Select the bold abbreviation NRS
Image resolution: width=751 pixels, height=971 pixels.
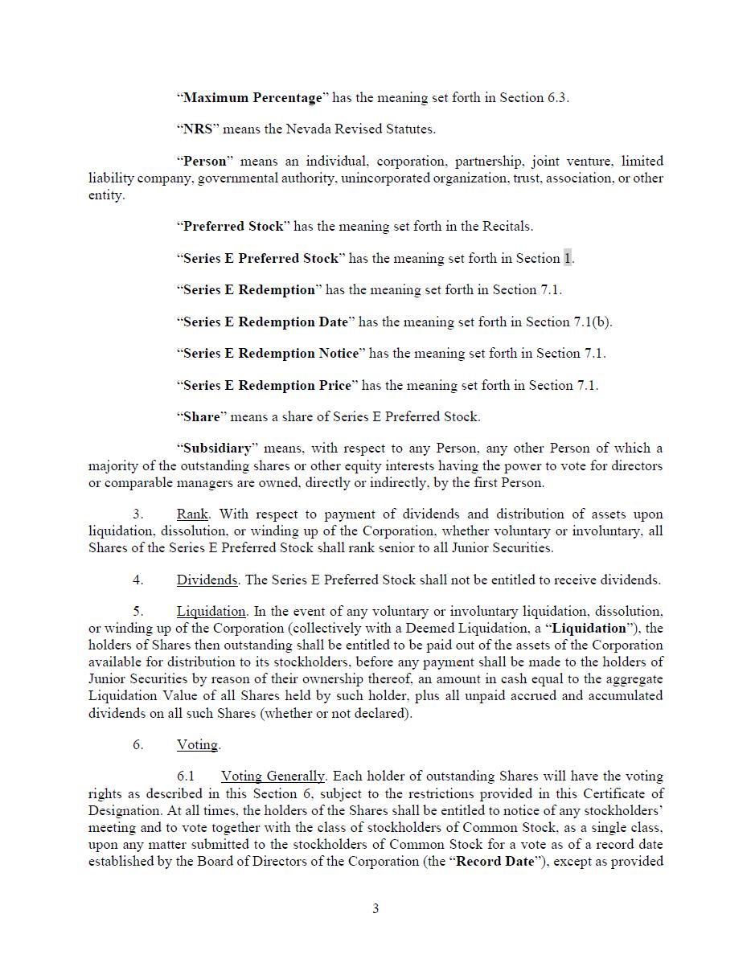[198, 129]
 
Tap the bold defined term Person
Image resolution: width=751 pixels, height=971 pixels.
[205, 161]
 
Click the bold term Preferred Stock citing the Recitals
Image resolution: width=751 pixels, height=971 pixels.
[233, 227]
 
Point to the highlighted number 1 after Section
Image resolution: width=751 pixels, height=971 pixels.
[568, 258]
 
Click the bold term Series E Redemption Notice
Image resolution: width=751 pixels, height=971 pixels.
[271, 354]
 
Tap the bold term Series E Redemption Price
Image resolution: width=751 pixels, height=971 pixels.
[267, 385]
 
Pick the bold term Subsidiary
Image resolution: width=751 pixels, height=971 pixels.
[217, 449]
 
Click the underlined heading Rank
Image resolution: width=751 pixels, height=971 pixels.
[192, 514]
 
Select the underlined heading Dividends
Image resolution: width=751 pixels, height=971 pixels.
[207, 580]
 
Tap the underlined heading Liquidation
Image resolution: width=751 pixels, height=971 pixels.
[211, 612]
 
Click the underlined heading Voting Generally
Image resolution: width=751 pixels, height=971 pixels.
[273, 776]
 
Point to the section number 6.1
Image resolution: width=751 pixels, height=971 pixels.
[186, 776]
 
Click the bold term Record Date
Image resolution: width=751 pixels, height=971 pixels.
[495, 862]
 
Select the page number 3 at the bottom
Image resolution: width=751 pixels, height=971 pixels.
[375, 909]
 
